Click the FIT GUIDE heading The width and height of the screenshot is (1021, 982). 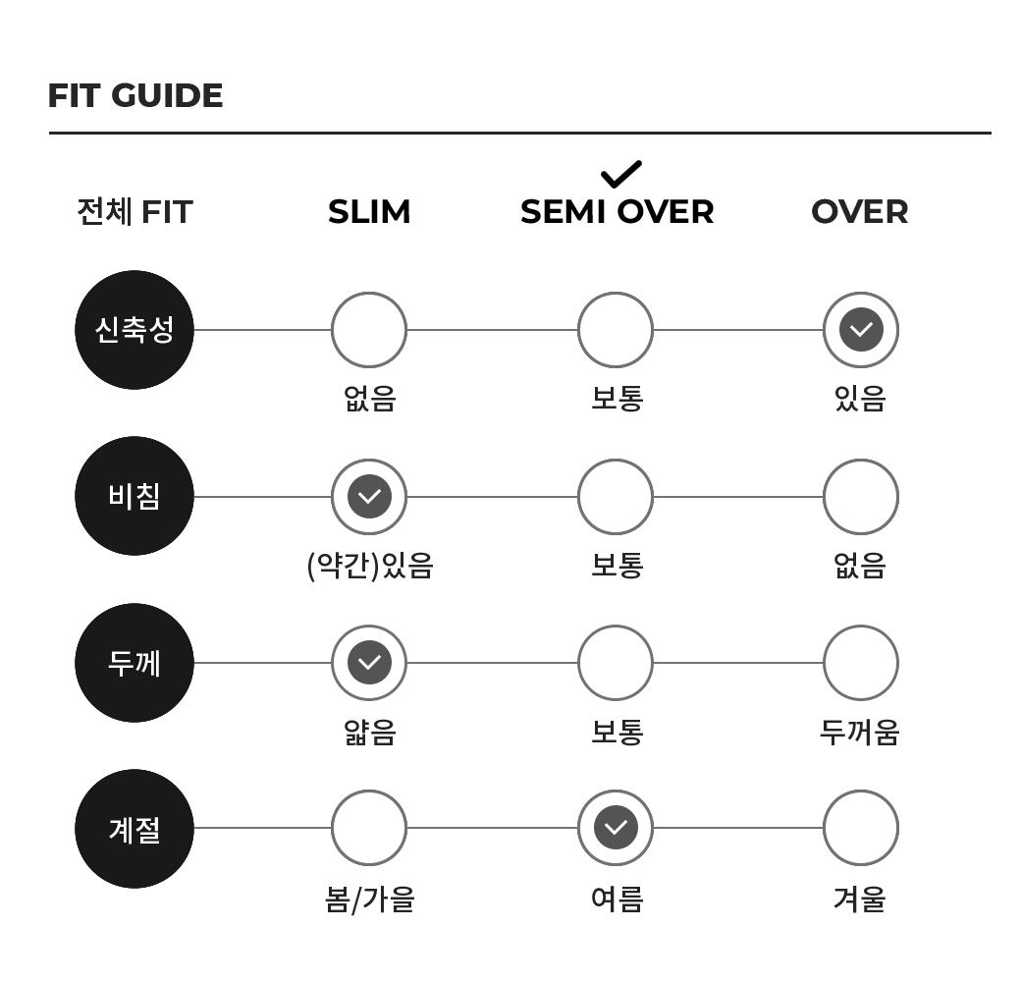135,95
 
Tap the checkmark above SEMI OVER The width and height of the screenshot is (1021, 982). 621,174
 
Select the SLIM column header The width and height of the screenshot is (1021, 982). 369,212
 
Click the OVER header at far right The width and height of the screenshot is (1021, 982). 860,212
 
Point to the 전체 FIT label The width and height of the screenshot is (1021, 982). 134,212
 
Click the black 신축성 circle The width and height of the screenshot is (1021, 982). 134,330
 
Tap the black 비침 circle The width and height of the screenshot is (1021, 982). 134,496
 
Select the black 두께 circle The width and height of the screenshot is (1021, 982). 134,663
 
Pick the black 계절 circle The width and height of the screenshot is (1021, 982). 134,829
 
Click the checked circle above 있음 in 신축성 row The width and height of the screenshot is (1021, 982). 861,330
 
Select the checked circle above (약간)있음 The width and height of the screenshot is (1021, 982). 369,497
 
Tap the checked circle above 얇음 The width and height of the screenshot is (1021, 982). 369,663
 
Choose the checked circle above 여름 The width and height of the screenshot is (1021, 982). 616,828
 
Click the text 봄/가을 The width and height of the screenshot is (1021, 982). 370,900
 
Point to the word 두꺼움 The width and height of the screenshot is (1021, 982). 860,732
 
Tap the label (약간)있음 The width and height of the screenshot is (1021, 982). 370,566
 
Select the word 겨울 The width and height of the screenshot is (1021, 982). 860,900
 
